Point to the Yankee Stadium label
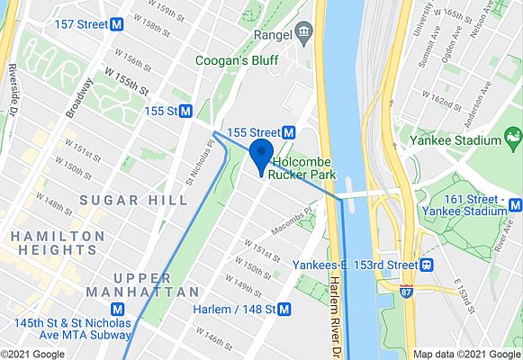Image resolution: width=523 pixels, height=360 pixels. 464,140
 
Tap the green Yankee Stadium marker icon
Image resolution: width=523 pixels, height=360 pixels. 514,139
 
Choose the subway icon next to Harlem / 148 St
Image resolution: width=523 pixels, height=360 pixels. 285,310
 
